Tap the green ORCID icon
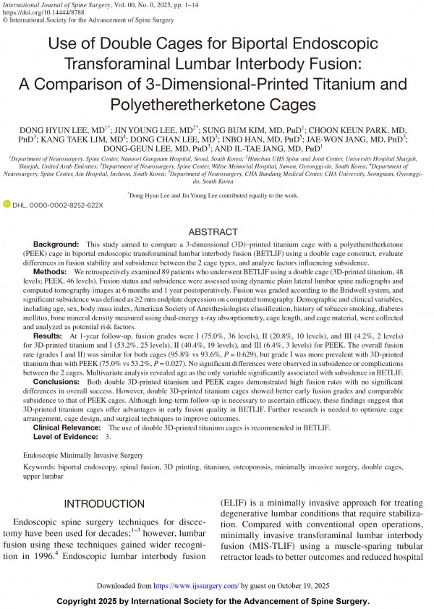pyautogui.click(x=7, y=205)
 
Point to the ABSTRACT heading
pyautogui.click(x=216, y=232)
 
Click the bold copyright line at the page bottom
pyautogui.click(x=216, y=601)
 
